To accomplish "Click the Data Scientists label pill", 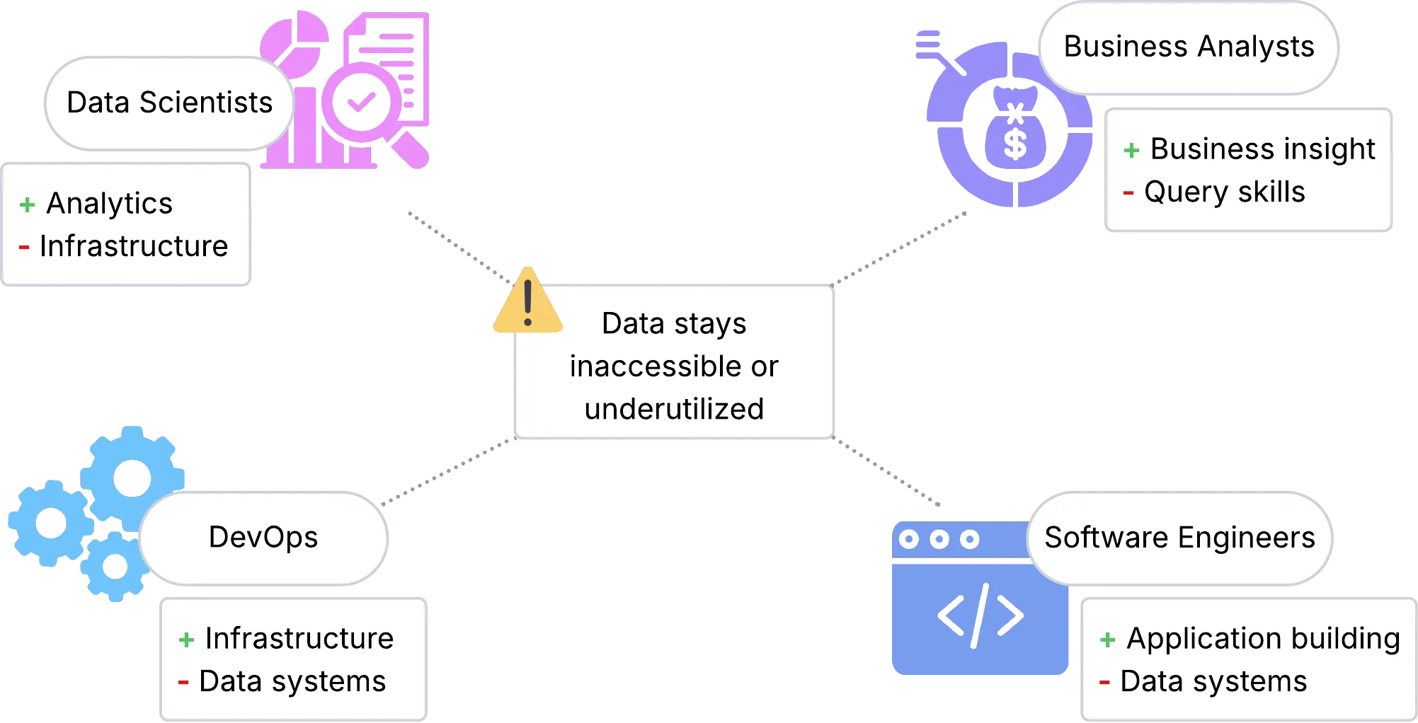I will [x=169, y=103].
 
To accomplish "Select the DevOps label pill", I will [x=263, y=538].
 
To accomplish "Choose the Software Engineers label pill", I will [x=1179, y=538].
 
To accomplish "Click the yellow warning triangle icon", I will [x=527, y=303].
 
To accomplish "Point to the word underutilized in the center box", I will [x=674, y=409].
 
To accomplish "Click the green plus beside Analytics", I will [x=27, y=205].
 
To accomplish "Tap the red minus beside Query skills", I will [x=1128, y=192].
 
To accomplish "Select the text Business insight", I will [x=1262, y=149].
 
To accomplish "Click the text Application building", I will [x=1263, y=639].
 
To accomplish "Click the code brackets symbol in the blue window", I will [x=980, y=615].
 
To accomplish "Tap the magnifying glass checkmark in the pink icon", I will [x=360, y=103].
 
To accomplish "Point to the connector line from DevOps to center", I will [x=447, y=473].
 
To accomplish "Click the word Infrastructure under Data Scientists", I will [x=134, y=247].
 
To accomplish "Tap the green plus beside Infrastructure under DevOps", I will [x=186, y=640].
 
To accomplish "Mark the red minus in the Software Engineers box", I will [x=1104, y=683].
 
